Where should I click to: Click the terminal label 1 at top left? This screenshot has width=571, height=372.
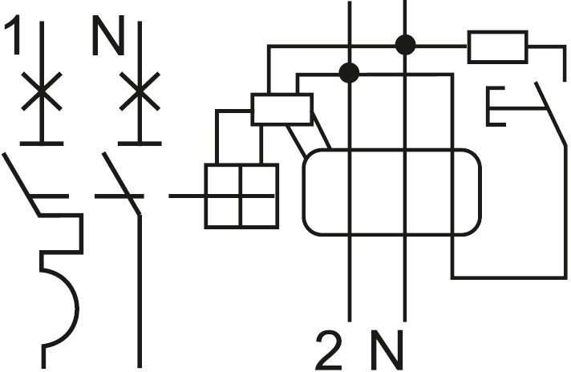tap(14, 38)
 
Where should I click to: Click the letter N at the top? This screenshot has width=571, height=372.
tap(107, 38)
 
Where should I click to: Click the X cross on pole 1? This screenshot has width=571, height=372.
tap(42, 92)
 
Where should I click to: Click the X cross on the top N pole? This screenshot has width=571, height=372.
tap(140, 92)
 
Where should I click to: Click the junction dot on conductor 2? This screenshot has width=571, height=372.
tap(349, 73)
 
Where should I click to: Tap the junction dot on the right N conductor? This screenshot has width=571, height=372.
tap(406, 44)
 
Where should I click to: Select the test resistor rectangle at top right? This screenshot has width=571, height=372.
tap(497, 46)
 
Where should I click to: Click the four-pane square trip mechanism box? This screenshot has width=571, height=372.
tap(241, 195)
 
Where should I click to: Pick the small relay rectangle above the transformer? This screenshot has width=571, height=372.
tap(281, 109)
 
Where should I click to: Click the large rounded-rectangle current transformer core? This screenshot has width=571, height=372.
tap(391, 192)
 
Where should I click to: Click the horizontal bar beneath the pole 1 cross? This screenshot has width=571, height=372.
tap(42, 143)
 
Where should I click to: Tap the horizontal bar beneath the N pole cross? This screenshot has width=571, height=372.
tap(140, 143)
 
